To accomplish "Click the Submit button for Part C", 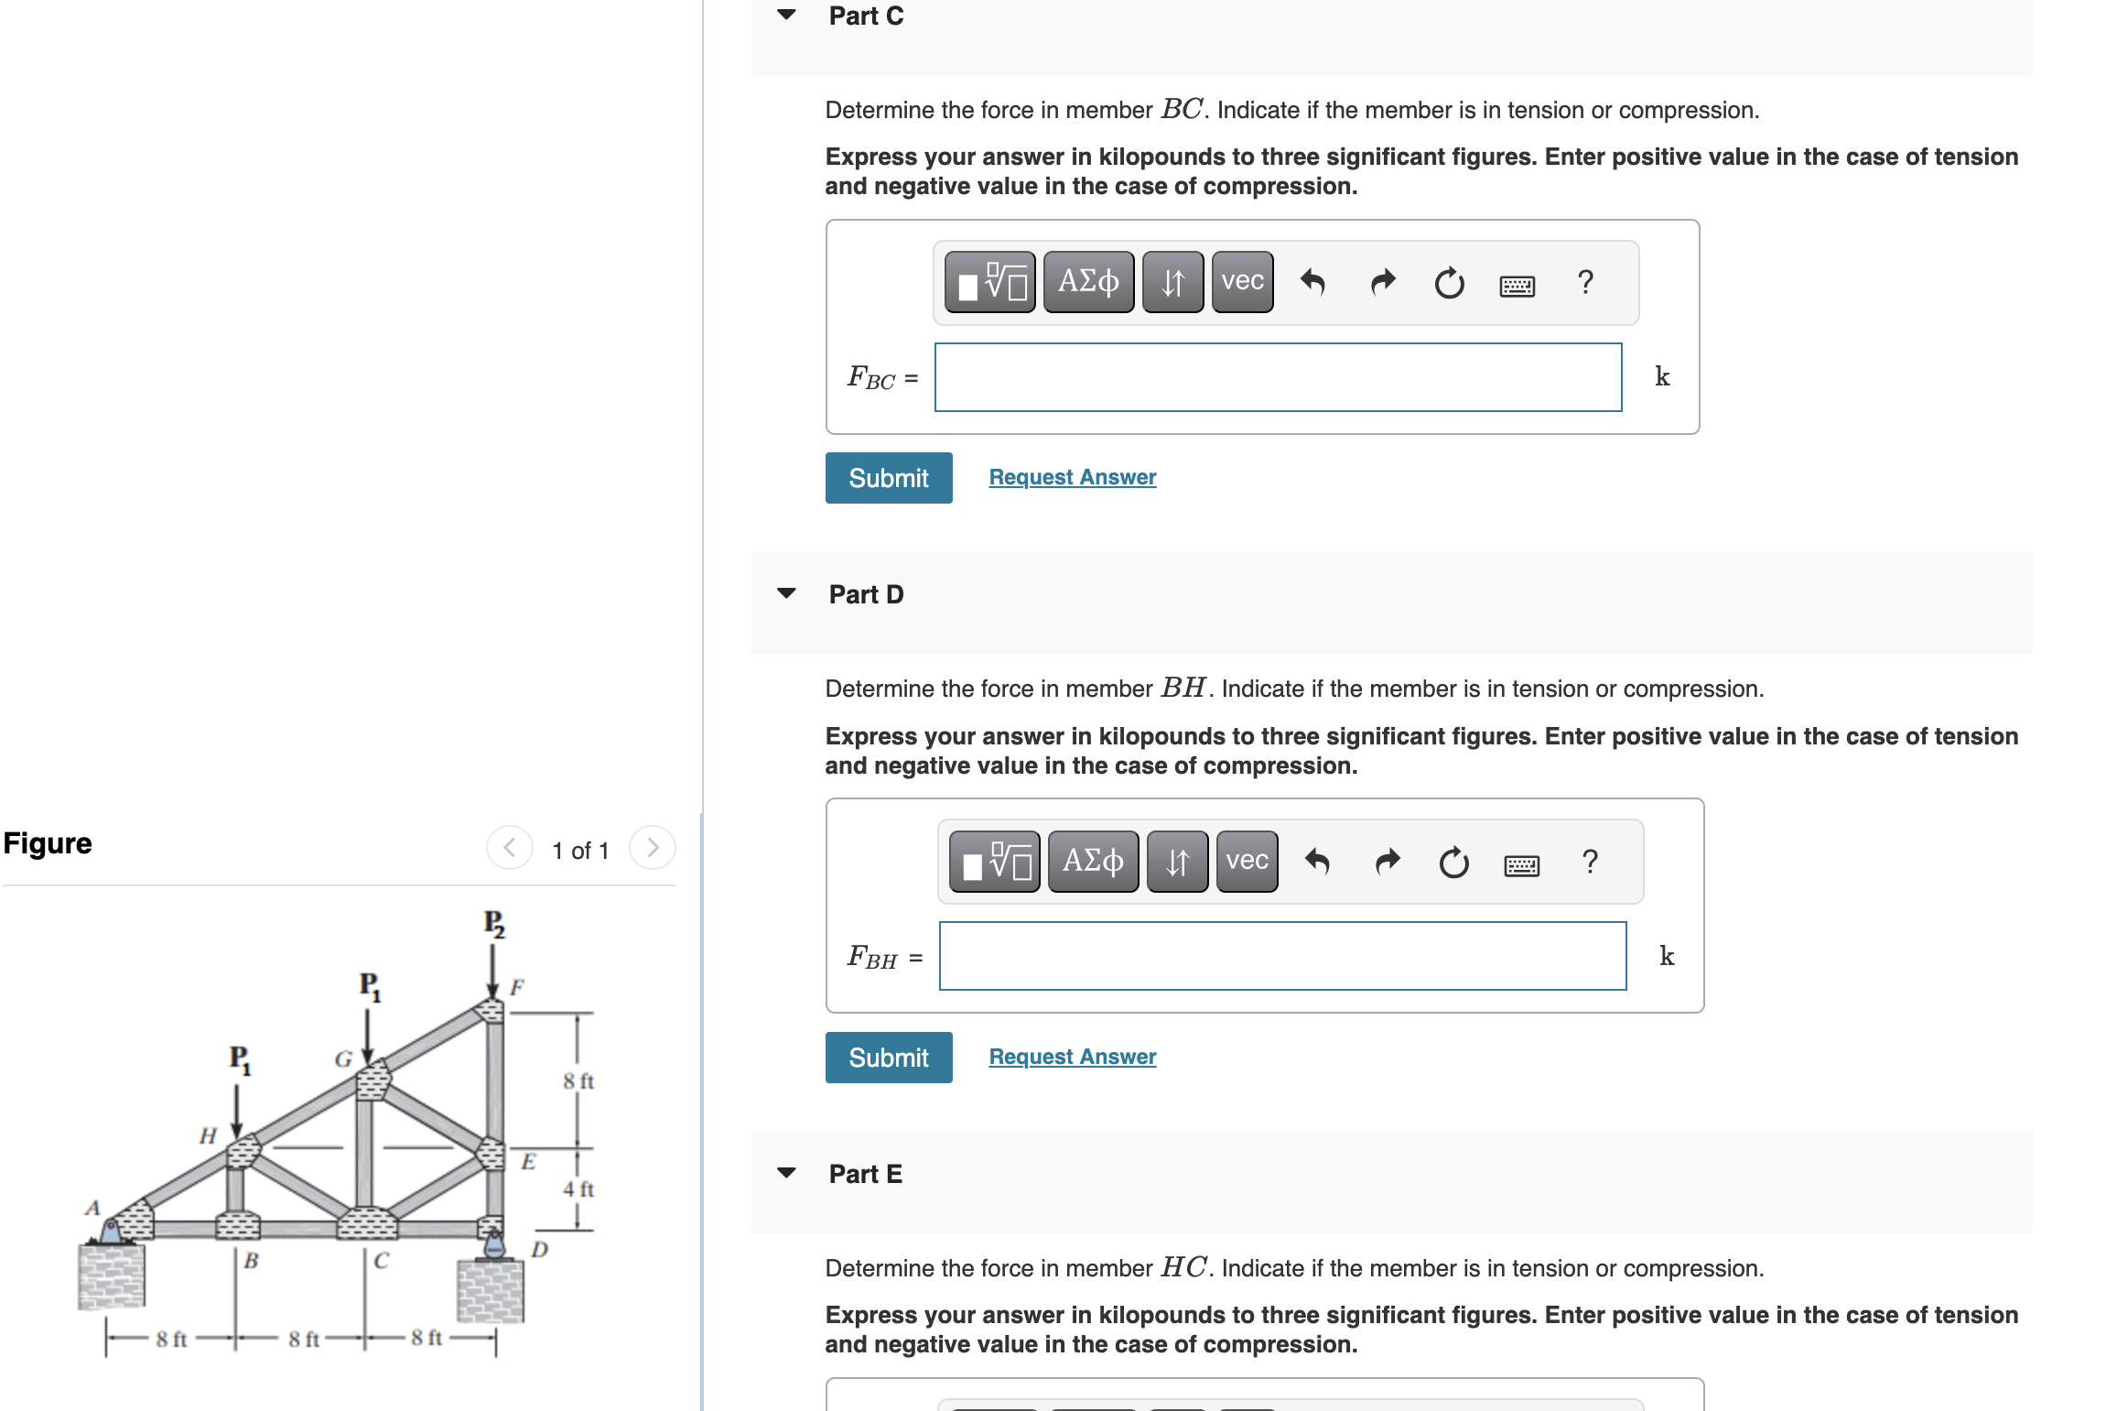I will pyautogui.click(x=888, y=478).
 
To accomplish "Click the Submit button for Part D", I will pyautogui.click(x=888, y=1058).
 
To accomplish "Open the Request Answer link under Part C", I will pyautogui.click(x=1072, y=477).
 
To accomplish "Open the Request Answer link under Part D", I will pyautogui.click(x=1072, y=1057).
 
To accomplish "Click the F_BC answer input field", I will pyautogui.click(x=1278, y=377).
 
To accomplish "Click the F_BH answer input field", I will pyautogui.click(x=1282, y=956).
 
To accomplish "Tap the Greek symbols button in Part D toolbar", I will pyautogui.click(x=1093, y=862).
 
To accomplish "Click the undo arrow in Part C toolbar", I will pyautogui.click(x=1312, y=282).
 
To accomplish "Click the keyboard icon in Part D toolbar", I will pyautogui.click(x=1521, y=864).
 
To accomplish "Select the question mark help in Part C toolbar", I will pyautogui.click(x=1585, y=282).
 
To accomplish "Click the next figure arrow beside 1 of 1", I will pyautogui.click(x=652, y=848).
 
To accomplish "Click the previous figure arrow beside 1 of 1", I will pyautogui.click(x=510, y=848).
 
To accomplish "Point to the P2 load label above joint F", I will pyautogui.click(x=494, y=923).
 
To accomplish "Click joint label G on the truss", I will pyautogui.click(x=343, y=1059).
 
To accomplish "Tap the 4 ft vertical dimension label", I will pyautogui.click(x=578, y=1189).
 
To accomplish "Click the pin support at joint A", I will pyautogui.click(x=111, y=1231).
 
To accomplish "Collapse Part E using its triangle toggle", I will pyautogui.click(x=786, y=1173).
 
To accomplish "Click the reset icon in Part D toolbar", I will pyautogui.click(x=1453, y=863).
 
